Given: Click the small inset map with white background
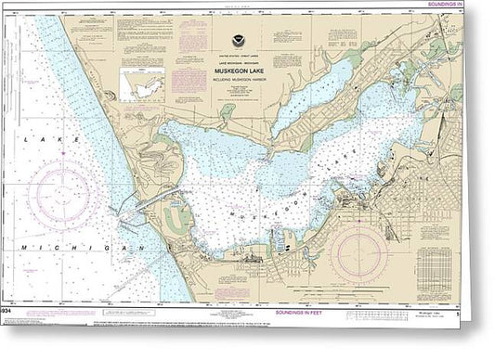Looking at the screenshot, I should (x=145, y=87).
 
